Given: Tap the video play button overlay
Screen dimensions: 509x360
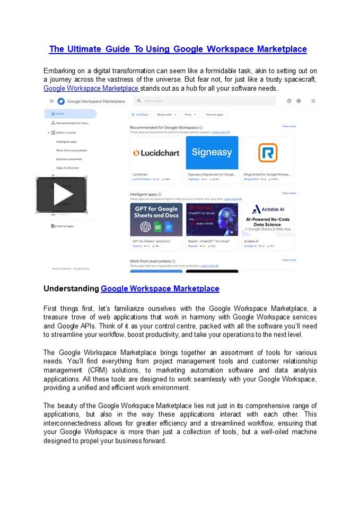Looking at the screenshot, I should coord(62,195).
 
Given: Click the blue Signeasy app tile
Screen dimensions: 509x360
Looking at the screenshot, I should coord(212,153).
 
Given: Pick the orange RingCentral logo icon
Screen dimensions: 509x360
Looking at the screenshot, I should coord(267,153).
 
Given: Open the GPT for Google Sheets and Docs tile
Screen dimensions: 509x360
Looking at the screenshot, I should coord(156,220).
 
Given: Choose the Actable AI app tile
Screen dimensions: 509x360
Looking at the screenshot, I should coord(267,220).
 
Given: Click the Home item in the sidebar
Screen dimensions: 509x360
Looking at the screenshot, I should coord(60,113).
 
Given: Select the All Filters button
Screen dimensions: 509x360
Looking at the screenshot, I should coord(140,114).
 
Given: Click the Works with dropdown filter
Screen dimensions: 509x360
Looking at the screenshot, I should coord(166,114).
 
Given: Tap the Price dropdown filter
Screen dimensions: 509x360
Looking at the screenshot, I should coord(190,114).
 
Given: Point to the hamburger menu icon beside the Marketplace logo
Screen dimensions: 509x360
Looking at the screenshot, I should coord(51,101).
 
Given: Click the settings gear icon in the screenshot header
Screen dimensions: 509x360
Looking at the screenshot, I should coord(298,101).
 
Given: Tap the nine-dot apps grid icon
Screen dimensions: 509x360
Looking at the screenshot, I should coord(313,101).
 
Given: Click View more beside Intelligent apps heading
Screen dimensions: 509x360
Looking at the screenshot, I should coord(289,194).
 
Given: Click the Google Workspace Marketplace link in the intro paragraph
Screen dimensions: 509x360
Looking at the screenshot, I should coord(91,89).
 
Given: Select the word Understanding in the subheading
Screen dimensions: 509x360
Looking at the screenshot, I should coord(71,289).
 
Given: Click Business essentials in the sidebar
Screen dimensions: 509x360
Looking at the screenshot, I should coord(69,159).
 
